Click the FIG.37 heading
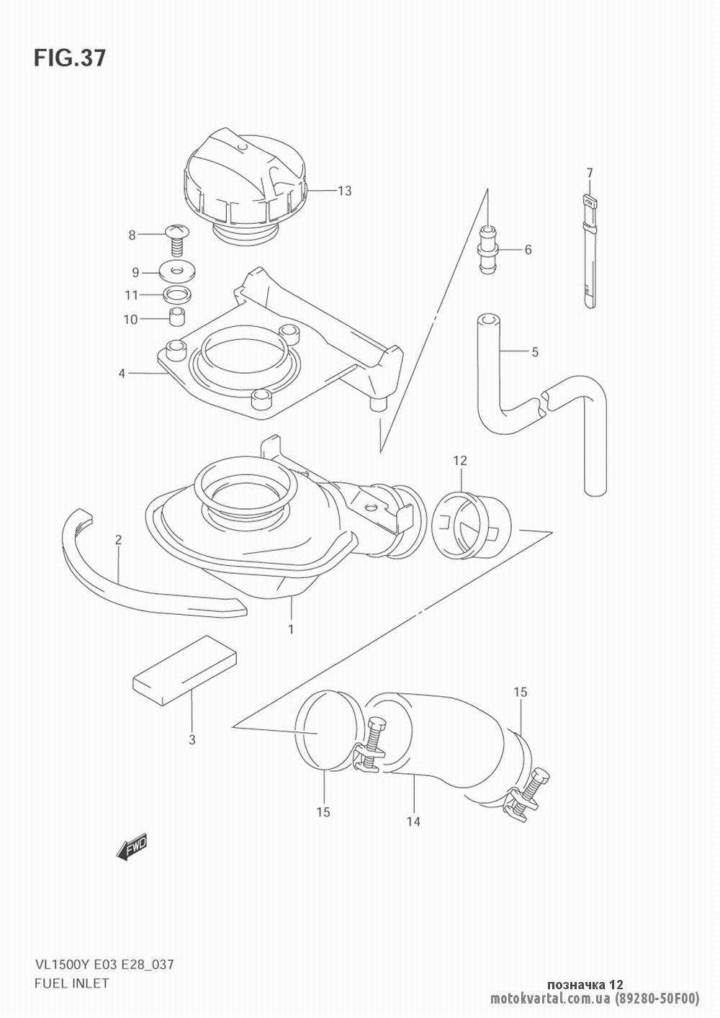tap(70, 58)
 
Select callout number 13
tap(345, 191)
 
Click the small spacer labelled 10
tap(177, 317)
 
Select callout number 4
tap(122, 374)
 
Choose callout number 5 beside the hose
tap(534, 352)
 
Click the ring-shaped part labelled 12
tap(470, 527)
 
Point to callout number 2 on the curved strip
tap(118, 540)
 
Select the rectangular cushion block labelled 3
tap(184, 670)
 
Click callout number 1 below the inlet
tap(291, 629)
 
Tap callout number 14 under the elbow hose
tap(413, 821)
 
